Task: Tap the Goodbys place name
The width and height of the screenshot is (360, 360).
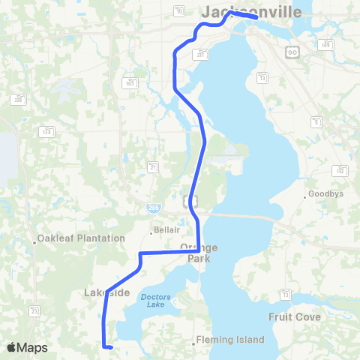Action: pyautogui.click(x=328, y=194)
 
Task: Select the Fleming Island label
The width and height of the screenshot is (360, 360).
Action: pyautogui.click(x=230, y=340)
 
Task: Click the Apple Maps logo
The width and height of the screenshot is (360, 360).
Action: pyautogui.click(x=28, y=347)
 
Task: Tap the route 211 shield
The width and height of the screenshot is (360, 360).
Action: pyautogui.click(x=202, y=55)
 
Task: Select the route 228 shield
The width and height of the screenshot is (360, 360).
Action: pyautogui.click(x=17, y=99)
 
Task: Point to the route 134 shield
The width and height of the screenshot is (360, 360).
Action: pyautogui.click(x=46, y=132)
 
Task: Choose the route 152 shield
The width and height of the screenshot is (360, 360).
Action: pyautogui.click(x=340, y=171)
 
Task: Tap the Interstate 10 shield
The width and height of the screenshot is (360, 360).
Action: pyautogui.click(x=179, y=11)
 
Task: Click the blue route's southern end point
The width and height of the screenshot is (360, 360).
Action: pyautogui.click(x=110, y=347)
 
